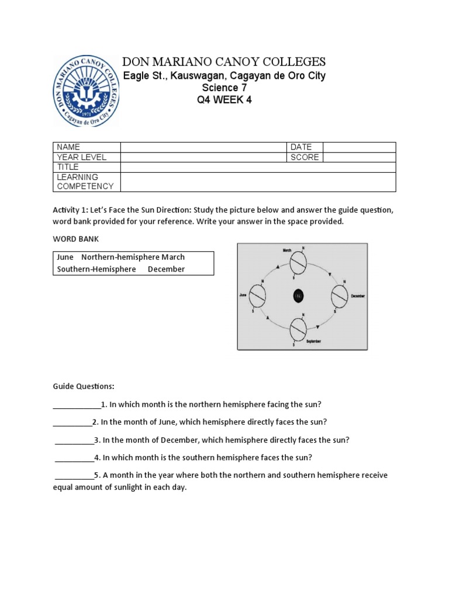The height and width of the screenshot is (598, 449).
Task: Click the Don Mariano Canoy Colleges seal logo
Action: [87, 91]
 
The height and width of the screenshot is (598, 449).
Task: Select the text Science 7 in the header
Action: [224, 88]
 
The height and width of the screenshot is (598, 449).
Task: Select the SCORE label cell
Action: [304, 157]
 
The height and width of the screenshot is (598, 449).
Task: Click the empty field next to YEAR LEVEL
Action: [203, 157]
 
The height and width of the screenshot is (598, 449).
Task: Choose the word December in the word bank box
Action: [166, 269]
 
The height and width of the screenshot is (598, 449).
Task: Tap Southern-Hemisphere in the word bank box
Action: [96, 269]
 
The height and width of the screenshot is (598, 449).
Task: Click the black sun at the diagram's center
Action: [298, 296]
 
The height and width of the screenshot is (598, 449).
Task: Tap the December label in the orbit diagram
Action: [358, 297]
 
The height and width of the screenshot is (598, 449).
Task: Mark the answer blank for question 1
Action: [77, 405]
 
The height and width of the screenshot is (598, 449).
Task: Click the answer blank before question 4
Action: [74, 458]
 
